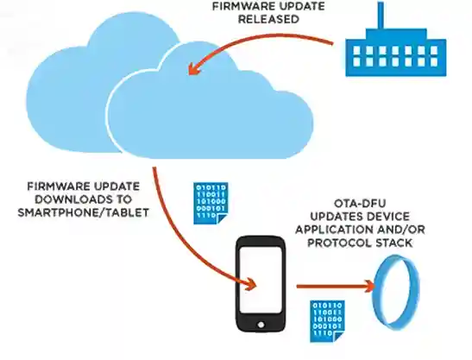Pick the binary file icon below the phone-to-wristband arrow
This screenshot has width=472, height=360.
[x=326, y=320]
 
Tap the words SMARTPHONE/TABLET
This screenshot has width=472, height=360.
[x=83, y=209]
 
